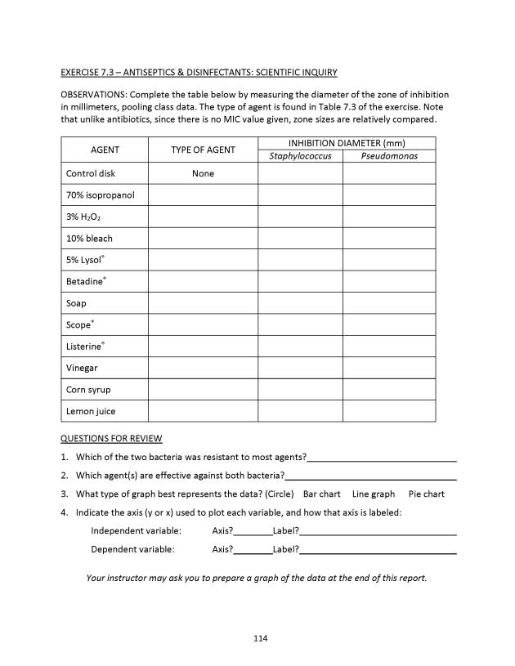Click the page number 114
click(x=261, y=638)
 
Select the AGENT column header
click(x=105, y=150)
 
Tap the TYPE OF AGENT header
click(x=203, y=150)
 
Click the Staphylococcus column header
click(x=300, y=156)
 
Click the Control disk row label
click(x=91, y=173)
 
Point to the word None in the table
click(x=203, y=173)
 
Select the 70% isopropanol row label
click(x=100, y=195)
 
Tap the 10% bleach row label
click(x=89, y=239)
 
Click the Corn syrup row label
click(x=88, y=390)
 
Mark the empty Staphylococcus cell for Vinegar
click(x=300, y=368)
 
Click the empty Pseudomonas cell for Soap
click(x=389, y=303)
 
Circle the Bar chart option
click(x=321, y=494)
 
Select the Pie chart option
click(x=427, y=494)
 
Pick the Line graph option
click(x=374, y=494)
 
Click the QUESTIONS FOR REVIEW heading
click(x=111, y=439)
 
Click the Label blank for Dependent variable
click(x=378, y=551)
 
